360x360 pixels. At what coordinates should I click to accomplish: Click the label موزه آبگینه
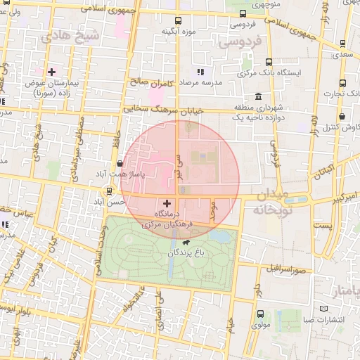coord(177,31)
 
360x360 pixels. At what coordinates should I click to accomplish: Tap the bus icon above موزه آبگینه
coord(177,20)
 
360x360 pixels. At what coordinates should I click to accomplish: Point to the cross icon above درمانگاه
coord(167,202)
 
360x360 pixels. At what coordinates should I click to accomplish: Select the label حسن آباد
coord(110,201)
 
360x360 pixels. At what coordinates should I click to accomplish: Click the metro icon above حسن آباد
coord(108,191)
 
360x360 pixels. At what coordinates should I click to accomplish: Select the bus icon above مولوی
coord(262,314)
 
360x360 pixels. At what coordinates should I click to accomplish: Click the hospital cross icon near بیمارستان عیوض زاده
coord(51,72)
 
